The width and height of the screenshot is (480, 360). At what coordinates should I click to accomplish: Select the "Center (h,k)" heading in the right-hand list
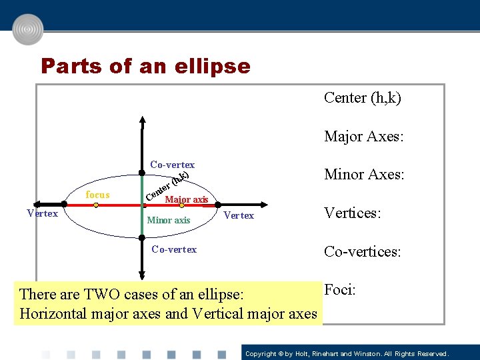[363, 98]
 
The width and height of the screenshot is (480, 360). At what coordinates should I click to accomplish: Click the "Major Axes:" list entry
[364, 137]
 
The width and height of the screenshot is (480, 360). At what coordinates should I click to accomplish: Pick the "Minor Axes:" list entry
[364, 175]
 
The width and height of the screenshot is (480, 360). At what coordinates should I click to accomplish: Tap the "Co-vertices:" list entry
[362, 252]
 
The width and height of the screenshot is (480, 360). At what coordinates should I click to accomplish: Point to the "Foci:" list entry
[340, 290]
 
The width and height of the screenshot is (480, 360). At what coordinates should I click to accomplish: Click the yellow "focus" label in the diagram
[98, 195]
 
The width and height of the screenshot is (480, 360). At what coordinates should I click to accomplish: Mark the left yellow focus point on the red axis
[96, 206]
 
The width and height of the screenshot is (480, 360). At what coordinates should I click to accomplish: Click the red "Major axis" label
[187, 199]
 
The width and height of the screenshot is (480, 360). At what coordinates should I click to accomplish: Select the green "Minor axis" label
[168, 220]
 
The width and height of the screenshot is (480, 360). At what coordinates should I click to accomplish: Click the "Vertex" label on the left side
[42, 213]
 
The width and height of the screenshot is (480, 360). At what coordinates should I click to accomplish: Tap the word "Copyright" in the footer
[261, 353]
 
